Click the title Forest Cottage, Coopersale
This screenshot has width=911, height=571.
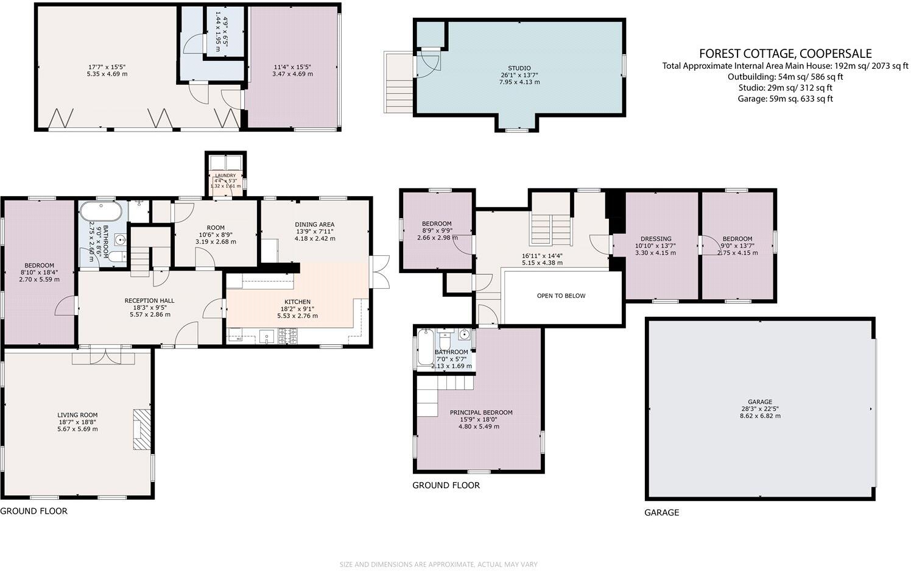[x=785, y=54]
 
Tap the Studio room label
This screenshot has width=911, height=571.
[x=519, y=68]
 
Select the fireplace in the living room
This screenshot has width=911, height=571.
[x=141, y=430]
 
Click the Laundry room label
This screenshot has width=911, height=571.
[x=225, y=176]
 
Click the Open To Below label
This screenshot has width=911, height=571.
[x=561, y=296]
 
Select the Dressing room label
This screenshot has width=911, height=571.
[x=656, y=239]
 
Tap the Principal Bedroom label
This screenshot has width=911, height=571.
[x=481, y=413]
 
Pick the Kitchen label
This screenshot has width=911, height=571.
[x=297, y=302]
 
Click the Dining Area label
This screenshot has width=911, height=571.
[x=315, y=224]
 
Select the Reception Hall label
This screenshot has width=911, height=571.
[x=149, y=300]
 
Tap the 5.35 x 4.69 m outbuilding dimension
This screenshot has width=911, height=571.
[x=107, y=74]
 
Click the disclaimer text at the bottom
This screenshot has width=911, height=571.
[x=438, y=564]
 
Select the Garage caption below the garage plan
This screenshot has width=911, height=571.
[x=661, y=512]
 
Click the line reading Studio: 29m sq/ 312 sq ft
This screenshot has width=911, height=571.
[x=785, y=88]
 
